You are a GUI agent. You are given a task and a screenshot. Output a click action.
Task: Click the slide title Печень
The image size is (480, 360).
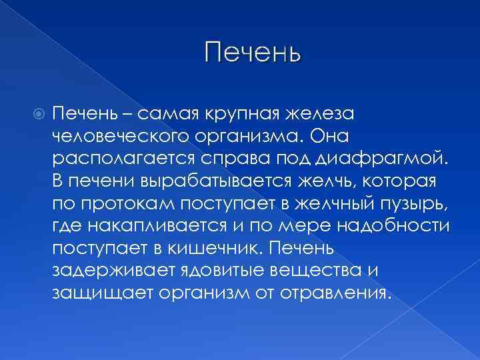(253, 52)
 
